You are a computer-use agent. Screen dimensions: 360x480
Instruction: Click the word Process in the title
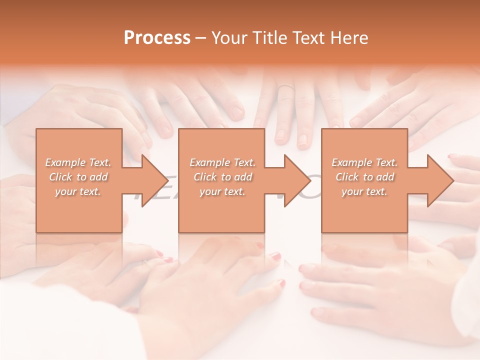157,38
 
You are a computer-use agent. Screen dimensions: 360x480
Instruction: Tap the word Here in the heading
349,38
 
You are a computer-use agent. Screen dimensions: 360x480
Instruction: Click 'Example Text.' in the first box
78,162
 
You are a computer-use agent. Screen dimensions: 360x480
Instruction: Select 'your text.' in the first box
78,191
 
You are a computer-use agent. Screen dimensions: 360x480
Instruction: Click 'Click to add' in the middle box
222,177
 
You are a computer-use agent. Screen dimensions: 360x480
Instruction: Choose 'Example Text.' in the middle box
222,162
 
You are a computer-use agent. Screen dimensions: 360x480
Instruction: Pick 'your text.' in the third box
364,191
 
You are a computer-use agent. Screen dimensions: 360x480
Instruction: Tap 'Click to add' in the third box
364,177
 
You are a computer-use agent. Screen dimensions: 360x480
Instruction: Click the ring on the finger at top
285,87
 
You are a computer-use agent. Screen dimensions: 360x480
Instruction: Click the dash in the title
201,38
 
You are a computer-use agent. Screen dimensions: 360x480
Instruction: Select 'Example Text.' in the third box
364,162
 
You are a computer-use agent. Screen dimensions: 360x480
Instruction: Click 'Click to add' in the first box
78,177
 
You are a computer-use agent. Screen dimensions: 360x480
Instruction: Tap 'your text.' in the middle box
222,191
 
